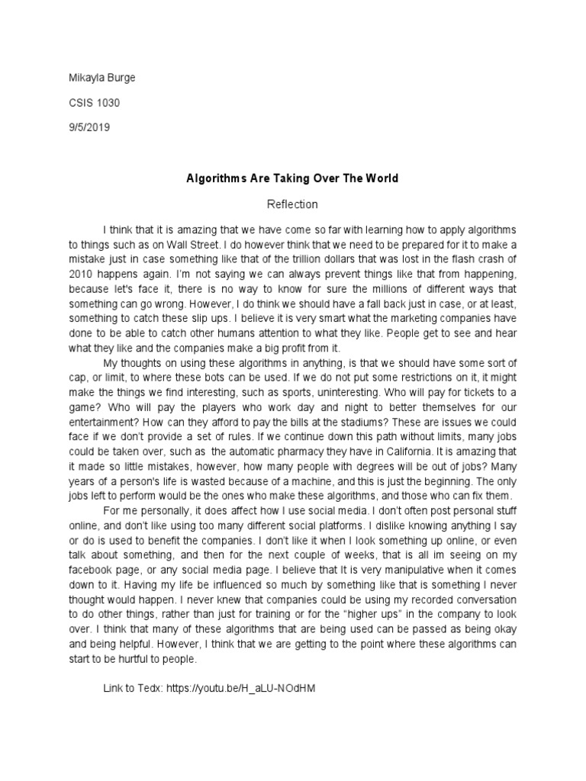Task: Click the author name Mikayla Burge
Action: coord(102,79)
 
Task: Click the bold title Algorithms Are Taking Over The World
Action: coord(293,178)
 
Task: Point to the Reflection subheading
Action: coord(292,204)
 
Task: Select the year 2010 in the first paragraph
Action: coord(81,272)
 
